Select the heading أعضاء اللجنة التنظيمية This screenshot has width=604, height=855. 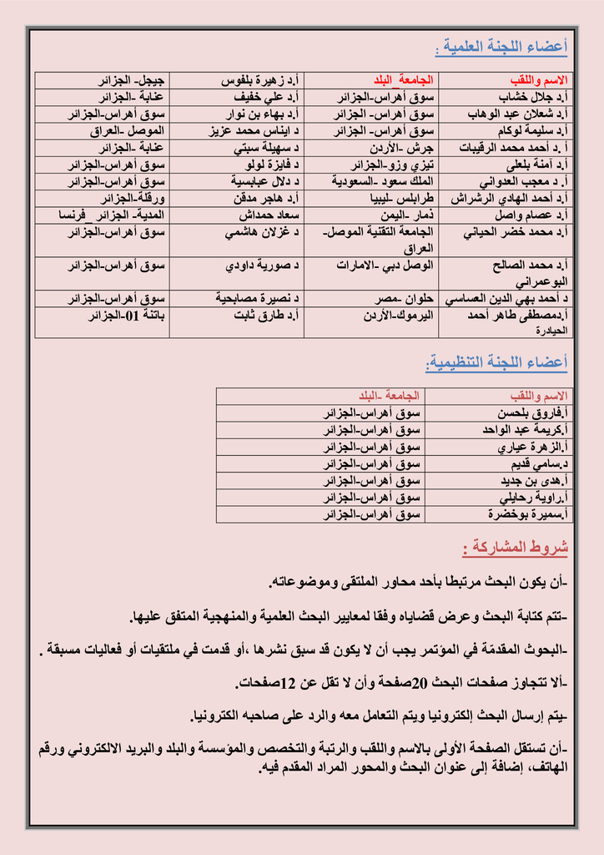pyautogui.click(x=497, y=362)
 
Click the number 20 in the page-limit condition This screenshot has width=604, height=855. pyautogui.click(x=420, y=683)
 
